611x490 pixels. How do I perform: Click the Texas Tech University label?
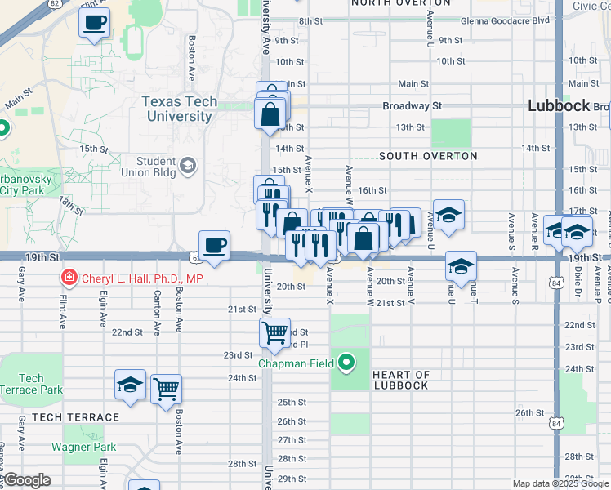click(180, 109)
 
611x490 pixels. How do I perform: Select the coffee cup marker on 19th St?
click(214, 246)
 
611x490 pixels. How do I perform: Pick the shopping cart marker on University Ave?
click(274, 332)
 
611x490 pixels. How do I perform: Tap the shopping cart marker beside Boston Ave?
click(166, 389)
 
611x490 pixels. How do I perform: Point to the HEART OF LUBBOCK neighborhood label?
click(400, 380)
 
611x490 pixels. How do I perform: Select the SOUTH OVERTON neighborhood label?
click(428, 155)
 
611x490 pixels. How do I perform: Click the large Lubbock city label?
click(559, 105)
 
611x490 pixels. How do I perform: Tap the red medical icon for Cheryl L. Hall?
click(69, 278)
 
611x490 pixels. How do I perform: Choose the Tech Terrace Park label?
click(31, 384)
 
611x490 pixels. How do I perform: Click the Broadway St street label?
click(413, 106)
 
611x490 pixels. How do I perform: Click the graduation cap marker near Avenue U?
click(448, 216)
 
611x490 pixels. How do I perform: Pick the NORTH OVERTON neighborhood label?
click(390, 3)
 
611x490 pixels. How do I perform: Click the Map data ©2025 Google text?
click(560, 483)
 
